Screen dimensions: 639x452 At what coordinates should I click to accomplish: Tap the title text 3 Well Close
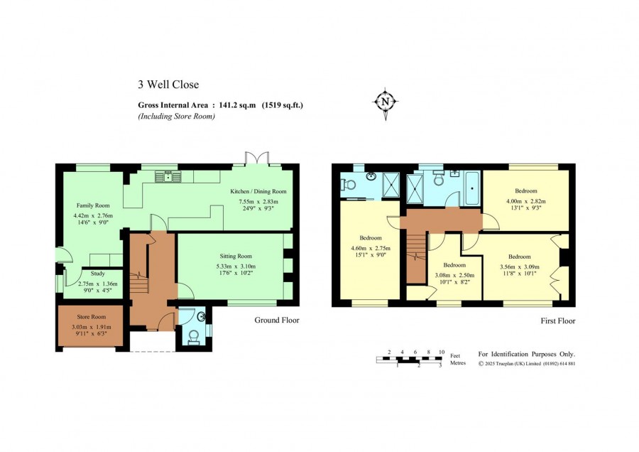(168, 85)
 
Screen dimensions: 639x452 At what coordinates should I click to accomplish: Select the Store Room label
(92, 316)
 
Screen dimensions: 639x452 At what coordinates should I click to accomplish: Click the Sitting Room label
(236, 256)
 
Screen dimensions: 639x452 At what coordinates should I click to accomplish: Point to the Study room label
(98, 274)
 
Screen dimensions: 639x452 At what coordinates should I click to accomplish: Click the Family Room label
(93, 205)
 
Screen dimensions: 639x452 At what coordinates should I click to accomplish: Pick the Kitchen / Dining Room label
(258, 191)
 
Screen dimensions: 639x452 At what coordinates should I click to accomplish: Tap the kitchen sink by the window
(168, 177)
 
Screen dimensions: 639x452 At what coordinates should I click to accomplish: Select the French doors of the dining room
(257, 159)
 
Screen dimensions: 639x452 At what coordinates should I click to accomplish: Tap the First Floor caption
(558, 321)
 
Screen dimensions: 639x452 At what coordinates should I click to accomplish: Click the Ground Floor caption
(277, 321)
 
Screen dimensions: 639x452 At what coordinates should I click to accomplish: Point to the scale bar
(409, 360)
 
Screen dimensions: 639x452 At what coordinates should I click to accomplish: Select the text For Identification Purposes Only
(527, 354)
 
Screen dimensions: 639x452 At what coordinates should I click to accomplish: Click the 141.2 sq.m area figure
(238, 105)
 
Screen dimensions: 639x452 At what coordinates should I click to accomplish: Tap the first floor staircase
(416, 255)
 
